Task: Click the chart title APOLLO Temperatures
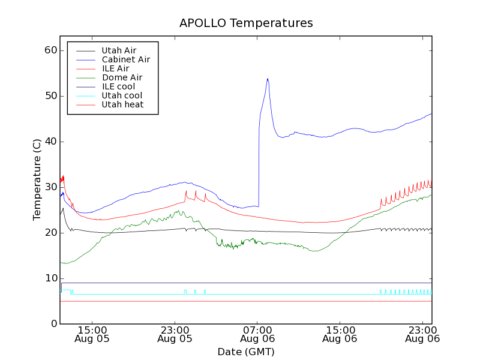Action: click(x=246, y=23)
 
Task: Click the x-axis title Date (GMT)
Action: click(x=246, y=352)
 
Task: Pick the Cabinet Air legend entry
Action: click(x=125, y=59)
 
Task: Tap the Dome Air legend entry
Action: click(x=122, y=77)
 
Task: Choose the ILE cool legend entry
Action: click(x=118, y=86)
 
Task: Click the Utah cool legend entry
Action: click(x=122, y=95)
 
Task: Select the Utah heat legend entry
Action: click(x=122, y=104)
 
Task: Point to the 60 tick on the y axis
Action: click(x=50, y=50)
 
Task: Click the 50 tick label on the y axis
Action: click(x=50, y=96)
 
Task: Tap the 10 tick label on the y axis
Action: click(x=50, y=278)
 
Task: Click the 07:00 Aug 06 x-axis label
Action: click(x=257, y=334)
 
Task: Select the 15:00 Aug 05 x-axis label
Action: click(x=92, y=334)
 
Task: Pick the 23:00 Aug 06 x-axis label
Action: click(x=423, y=334)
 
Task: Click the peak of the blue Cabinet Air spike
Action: click(x=268, y=79)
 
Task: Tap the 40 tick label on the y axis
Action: click(x=50, y=142)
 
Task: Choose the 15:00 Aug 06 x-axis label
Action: click(x=340, y=334)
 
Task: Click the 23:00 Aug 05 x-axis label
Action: click(x=175, y=334)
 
